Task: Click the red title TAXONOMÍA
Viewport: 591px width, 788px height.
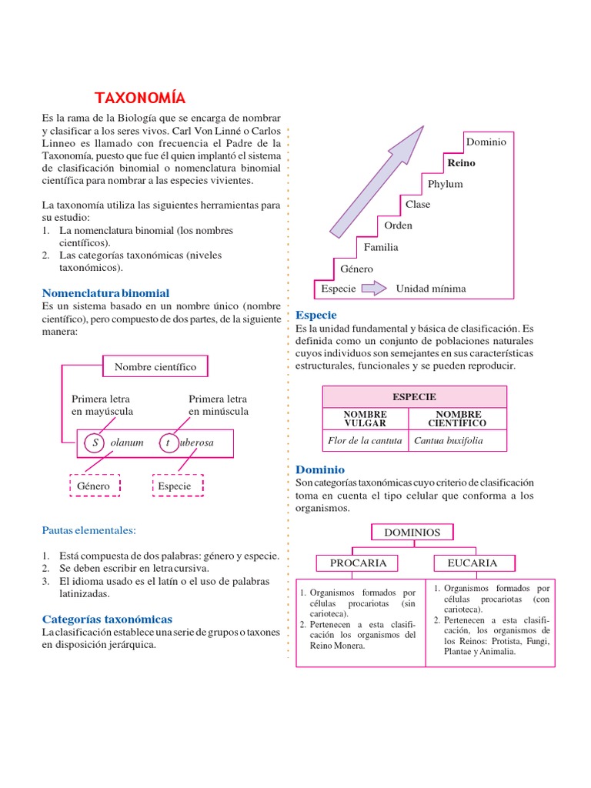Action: pyautogui.click(x=140, y=98)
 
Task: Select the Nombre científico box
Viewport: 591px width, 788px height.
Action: pyautogui.click(x=155, y=367)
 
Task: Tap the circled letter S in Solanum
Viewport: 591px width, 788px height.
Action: pyautogui.click(x=95, y=442)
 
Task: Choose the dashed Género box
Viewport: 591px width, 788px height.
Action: pyautogui.click(x=93, y=486)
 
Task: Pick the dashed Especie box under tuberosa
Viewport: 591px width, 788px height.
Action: pyautogui.click(x=178, y=486)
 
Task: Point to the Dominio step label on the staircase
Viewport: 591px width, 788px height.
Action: pyautogui.click(x=486, y=142)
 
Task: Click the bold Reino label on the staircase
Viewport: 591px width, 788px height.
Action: pyautogui.click(x=462, y=163)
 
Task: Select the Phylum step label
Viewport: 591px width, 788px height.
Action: pyautogui.click(x=445, y=184)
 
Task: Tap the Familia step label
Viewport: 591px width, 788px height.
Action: pyautogui.click(x=381, y=247)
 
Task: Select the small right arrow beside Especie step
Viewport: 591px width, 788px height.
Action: pyautogui.click(x=374, y=289)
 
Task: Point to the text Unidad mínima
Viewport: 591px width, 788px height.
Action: pyautogui.click(x=430, y=289)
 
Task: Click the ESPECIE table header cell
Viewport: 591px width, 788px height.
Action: pyautogui.click(x=414, y=396)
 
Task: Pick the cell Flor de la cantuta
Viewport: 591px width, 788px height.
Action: pyautogui.click(x=365, y=441)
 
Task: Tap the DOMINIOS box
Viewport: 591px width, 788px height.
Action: pyautogui.click(x=412, y=532)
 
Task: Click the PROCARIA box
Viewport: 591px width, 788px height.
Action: pyautogui.click(x=358, y=563)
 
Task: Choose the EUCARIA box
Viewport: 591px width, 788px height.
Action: pyautogui.click(x=472, y=563)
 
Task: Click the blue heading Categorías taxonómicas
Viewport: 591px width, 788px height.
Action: pyautogui.click(x=107, y=619)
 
